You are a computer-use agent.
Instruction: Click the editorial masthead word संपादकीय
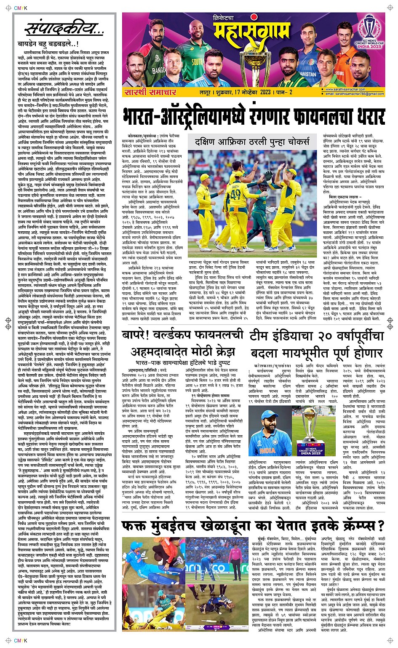click(x=63, y=29)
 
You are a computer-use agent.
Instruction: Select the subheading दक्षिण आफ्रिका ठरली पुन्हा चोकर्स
click(x=252, y=142)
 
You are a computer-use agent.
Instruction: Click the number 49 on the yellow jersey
click(x=235, y=195)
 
